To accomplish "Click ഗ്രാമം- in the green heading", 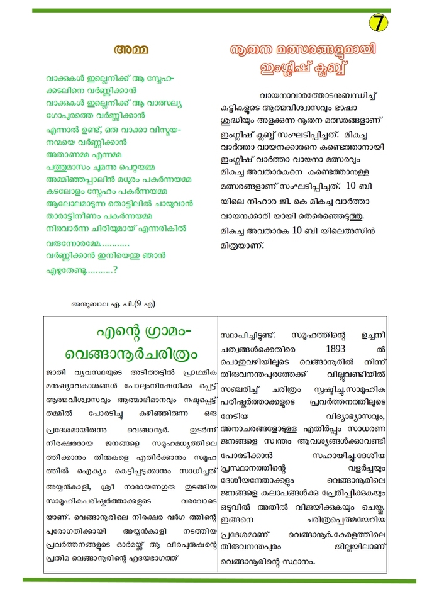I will [165, 331].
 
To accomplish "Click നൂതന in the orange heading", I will [254, 50].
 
